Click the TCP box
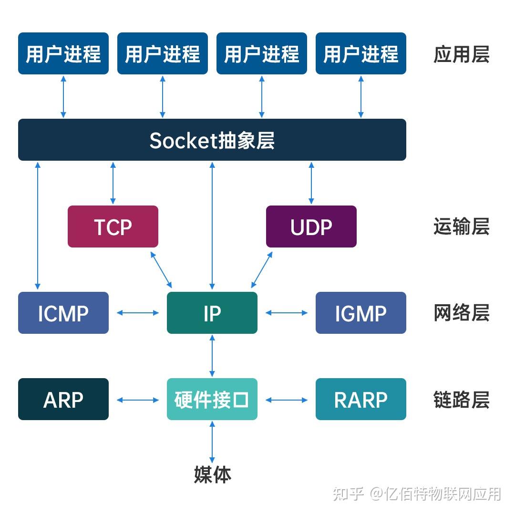113,227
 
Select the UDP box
311,227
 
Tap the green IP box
212,313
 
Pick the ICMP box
63,313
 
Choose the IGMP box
360,313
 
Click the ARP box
63,399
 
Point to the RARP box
360,399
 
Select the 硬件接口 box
212,399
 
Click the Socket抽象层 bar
212,140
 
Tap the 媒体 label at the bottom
212,474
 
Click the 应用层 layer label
461,55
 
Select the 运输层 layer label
461,227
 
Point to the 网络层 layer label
461,313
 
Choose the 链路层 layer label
461,400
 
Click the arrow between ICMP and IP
138,313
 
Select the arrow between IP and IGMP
287,313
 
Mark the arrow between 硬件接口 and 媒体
212,442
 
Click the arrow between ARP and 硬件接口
138,400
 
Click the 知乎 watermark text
349,493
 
